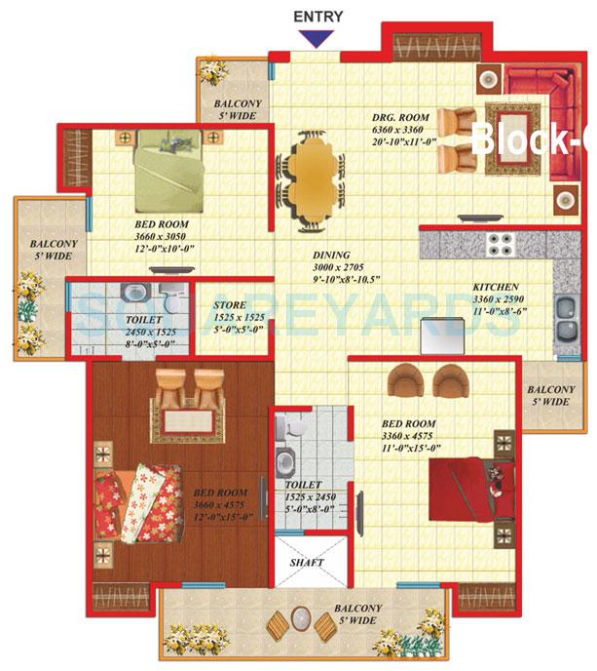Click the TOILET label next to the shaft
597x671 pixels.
(x=302, y=485)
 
